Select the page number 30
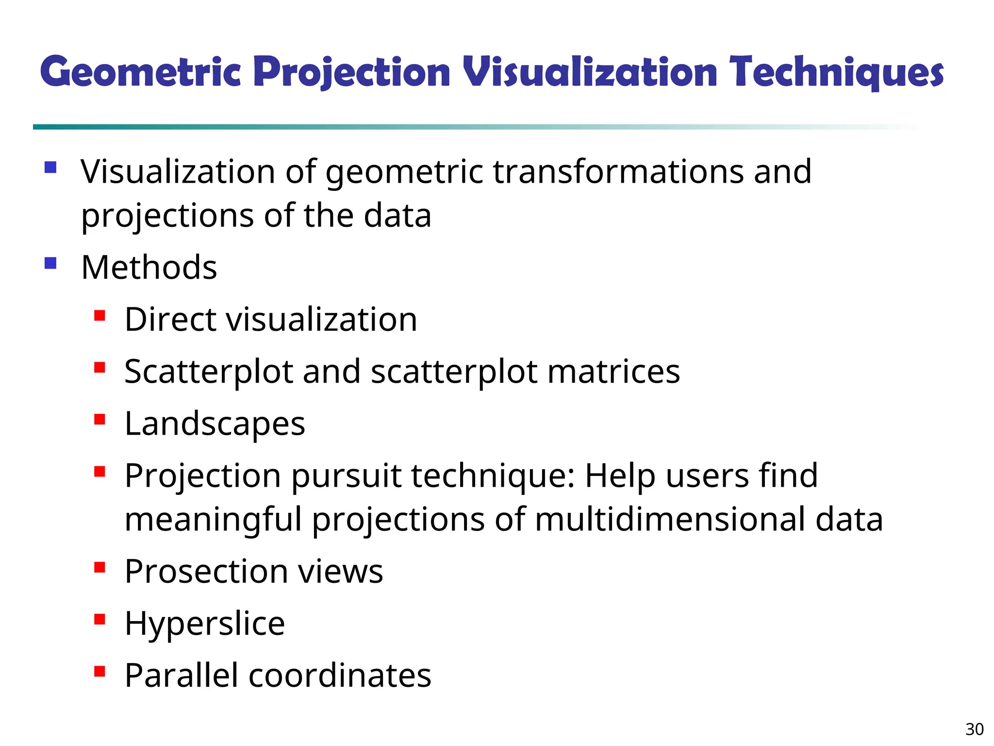974,729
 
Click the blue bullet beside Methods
50,263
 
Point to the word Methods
149,268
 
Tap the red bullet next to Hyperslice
100,619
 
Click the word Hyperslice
204,623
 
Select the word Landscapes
215,424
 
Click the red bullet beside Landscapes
100,419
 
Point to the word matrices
613,372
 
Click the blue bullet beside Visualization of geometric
50,168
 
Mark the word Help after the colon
620,476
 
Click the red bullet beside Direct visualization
100,316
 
